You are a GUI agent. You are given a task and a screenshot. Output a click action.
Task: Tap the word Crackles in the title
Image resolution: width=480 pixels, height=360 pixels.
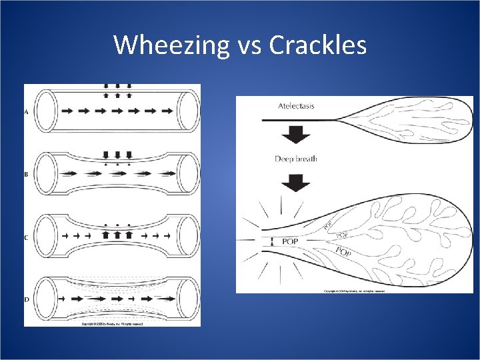click(x=318, y=45)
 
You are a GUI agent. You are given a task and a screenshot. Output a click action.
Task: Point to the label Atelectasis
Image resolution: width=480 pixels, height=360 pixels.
click(x=297, y=106)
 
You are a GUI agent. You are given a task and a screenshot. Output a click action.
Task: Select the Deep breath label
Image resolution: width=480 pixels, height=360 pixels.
click(x=296, y=159)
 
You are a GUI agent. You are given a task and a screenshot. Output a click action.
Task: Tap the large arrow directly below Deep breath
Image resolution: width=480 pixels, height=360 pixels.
click(x=296, y=182)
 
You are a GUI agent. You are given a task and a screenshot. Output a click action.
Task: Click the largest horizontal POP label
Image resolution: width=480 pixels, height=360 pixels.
click(x=290, y=241)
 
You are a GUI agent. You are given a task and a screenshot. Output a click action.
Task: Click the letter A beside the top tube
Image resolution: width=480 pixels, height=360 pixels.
click(x=27, y=112)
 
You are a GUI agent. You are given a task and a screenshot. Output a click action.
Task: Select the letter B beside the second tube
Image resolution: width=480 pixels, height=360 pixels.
click(x=27, y=174)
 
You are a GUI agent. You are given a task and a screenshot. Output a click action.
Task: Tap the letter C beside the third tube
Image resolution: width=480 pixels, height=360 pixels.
click(x=27, y=237)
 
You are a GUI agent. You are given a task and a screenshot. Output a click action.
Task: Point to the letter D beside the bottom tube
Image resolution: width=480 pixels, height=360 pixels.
click(x=27, y=299)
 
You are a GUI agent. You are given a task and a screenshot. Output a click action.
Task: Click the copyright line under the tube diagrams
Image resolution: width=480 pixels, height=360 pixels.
click(x=112, y=324)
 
